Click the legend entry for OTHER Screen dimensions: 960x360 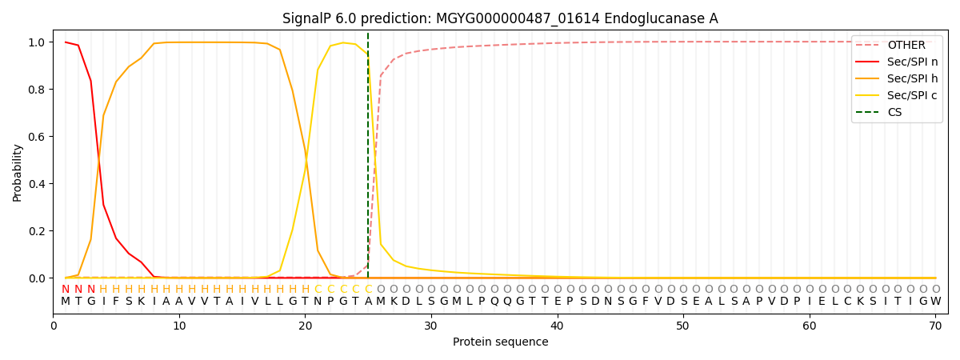pyautogui.click(x=897, y=45)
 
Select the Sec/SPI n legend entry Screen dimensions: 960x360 pyautogui.click(x=897, y=62)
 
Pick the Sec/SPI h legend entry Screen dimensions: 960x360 pyautogui.click(x=897, y=78)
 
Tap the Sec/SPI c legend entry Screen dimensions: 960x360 pyautogui.click(x=897, y=95)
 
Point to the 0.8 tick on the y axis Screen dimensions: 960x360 pyautogui.click(x=37, y=90)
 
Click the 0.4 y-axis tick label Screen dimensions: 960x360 pyautogui.click(x=37, y=184)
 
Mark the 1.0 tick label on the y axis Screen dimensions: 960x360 pyautogui.click(x=37, y=42)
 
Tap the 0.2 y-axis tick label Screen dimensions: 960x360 pyautogui.click(x=37, y=231)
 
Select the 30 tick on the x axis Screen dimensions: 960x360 pyautogui.click(x=431, y=326)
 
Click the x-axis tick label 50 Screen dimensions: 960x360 pyautogui.click(x=683, y=326)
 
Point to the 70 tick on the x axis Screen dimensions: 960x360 pyautogui.click(x=935, y=326)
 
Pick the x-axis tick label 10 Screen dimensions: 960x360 pyautogui.click(x=179, y=326)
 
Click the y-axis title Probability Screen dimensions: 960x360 pyautogui.click(x=17, y=173)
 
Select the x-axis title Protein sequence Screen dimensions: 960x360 pyautogui.click(x=501, y=342)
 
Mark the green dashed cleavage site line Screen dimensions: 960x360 pyautogui.click(x=368, y=155)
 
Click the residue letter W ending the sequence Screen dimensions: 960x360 pyautogui.click(x=936, y=302)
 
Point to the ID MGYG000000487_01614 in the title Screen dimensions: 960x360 pyautogui.click(x=518, y=19)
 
